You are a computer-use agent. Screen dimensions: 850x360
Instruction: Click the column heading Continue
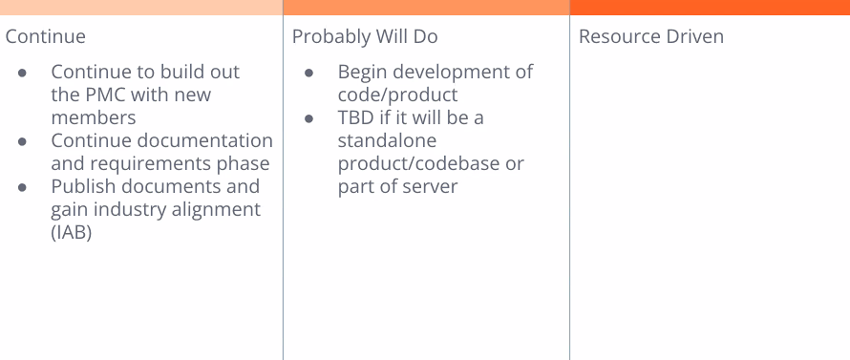pyautogui.click(x=46, y=36)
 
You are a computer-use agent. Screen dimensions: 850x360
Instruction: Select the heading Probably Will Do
pyautogui.click(x=365, y=36)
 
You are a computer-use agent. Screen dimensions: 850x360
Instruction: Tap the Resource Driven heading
pyautogui.click(x=651, y=36)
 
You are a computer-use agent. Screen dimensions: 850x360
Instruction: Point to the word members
pyautogui.click(x=94, y=117)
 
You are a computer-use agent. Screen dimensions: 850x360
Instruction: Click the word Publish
pyautogui.click(x=82, y=186)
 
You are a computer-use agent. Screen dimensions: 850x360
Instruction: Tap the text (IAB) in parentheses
pyautogui.click(x=71, y=232)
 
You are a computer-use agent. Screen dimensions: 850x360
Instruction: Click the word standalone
pyautogui.click(x=387, y=140)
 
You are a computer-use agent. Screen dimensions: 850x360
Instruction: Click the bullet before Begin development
pyautogui.click(x=309, y=73)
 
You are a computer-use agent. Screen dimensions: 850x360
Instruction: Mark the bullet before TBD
pyautogui.click(x=309, y=118)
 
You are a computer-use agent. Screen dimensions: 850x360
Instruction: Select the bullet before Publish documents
pyautogui.click(x=22, y=187)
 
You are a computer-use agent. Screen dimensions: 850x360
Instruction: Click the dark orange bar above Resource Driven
pyautogui.click(x=710, y=7)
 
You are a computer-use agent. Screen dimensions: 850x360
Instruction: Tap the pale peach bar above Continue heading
pyautogui.click(x=141, y=7)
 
